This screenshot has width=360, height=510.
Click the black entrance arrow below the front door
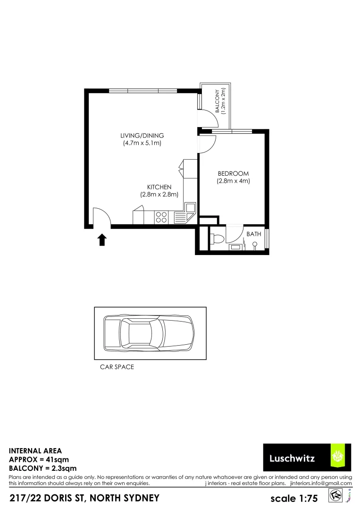click(101, 240)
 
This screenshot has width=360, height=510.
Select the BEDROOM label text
click(233, 173)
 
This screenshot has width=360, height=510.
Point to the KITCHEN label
click(159, 187)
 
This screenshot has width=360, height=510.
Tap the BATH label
click(253, 234)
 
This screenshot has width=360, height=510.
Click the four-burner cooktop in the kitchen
click(161, 217)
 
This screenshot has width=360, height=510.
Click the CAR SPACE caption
click(117, 367)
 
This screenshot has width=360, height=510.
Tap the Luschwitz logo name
click(292, 458)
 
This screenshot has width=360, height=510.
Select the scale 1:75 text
click(294, 499)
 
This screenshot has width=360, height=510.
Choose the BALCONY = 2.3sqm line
click(43, 468)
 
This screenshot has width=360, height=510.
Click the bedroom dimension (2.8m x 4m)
click(233, 180)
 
